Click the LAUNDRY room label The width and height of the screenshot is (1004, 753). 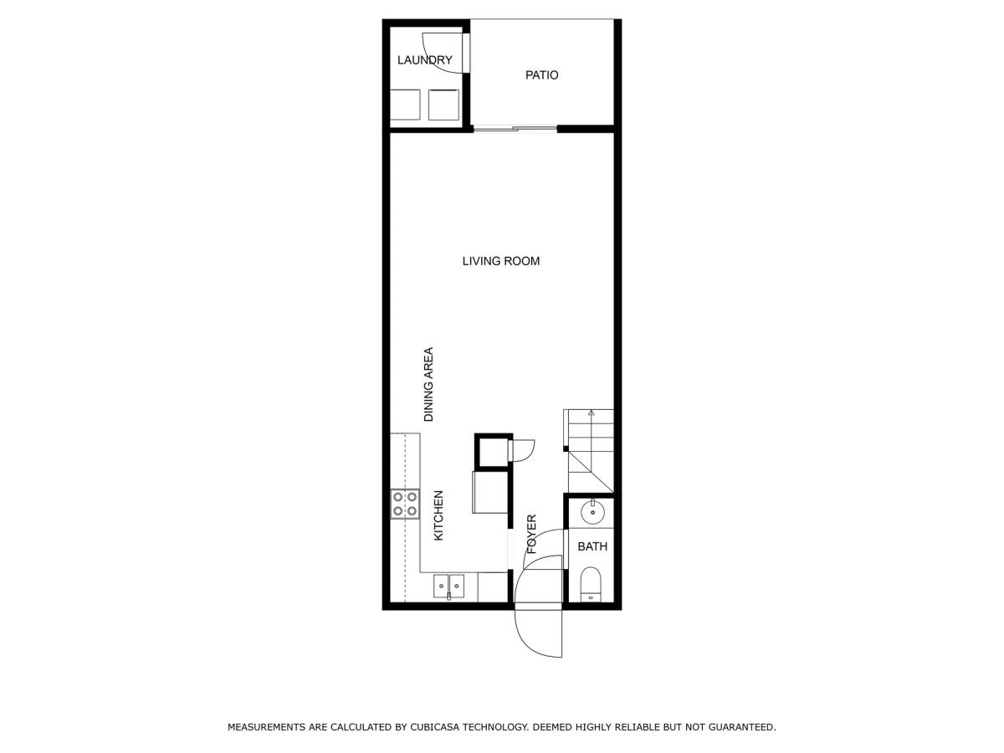point(424,60)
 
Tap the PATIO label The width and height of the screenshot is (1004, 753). point(541,75)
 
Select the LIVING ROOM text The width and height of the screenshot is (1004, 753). point(501,261)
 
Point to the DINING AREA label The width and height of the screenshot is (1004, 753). point(428,385)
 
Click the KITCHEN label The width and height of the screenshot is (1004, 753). point(438,515)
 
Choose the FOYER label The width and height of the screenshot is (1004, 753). point(531,535)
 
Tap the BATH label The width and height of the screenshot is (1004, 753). point(592,546)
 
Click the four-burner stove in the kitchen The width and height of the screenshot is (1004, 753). point(405,504)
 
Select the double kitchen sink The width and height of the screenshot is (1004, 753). point(448,588)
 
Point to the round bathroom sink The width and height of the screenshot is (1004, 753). point(592,511)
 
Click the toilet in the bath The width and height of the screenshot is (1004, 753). point(591,585)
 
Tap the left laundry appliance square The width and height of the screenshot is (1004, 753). point(405,105)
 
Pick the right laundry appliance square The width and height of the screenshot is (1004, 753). point(443,105)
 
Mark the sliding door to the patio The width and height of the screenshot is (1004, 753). point(515,129)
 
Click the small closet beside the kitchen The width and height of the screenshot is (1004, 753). point(493,451)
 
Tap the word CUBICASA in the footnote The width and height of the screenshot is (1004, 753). point(436,727)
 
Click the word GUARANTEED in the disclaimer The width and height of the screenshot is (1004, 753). point(742,727)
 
